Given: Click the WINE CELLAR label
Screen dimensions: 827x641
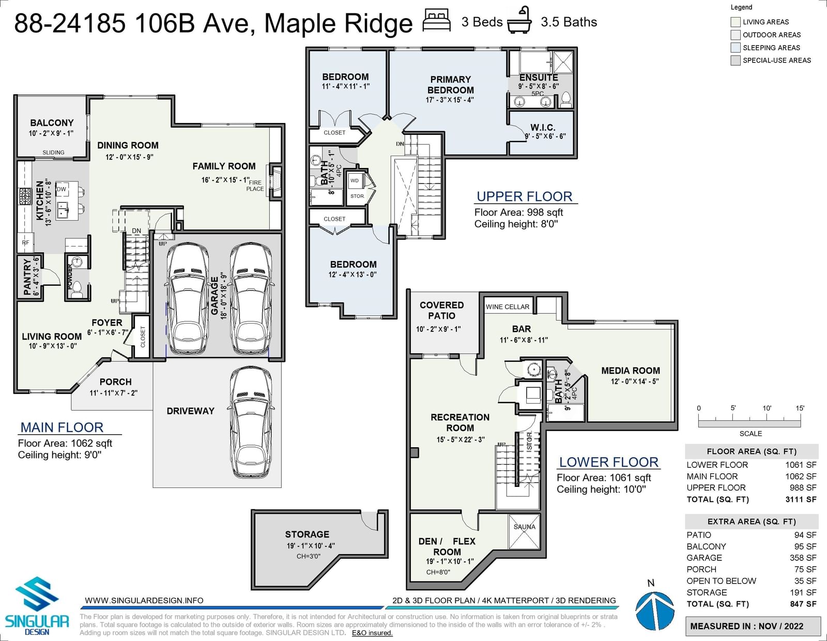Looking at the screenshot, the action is tap(508, 307).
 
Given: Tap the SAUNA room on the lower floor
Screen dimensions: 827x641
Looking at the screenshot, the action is tap(525, 531).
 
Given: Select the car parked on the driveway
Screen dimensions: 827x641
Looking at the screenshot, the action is tap(251, 422).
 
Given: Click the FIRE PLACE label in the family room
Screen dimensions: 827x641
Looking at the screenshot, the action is tap(255, 186).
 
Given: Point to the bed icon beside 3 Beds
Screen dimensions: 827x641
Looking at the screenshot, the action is tap(437, 21).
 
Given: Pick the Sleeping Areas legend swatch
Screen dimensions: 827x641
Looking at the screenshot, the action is tap(736, 48).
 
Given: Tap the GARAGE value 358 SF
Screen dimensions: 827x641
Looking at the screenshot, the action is tap(803, 558).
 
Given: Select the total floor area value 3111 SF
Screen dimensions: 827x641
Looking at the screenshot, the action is tap(801, 499).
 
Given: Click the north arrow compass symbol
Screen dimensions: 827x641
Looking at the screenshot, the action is tap(654, 607).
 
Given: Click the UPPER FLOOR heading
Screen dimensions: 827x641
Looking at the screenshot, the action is tap(525, 196).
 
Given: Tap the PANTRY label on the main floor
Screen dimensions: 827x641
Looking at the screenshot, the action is tap(31, 276).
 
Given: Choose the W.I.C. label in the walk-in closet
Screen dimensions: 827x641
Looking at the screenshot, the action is tap(543, 127).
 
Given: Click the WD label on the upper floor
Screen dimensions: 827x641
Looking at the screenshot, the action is tap(355, 180).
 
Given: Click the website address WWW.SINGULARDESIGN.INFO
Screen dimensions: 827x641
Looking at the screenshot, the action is tap(144, 600).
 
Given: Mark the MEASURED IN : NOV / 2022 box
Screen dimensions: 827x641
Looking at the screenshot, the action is tap(753, 626).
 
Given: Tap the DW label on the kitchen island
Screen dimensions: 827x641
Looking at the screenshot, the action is tap(62, 189).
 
